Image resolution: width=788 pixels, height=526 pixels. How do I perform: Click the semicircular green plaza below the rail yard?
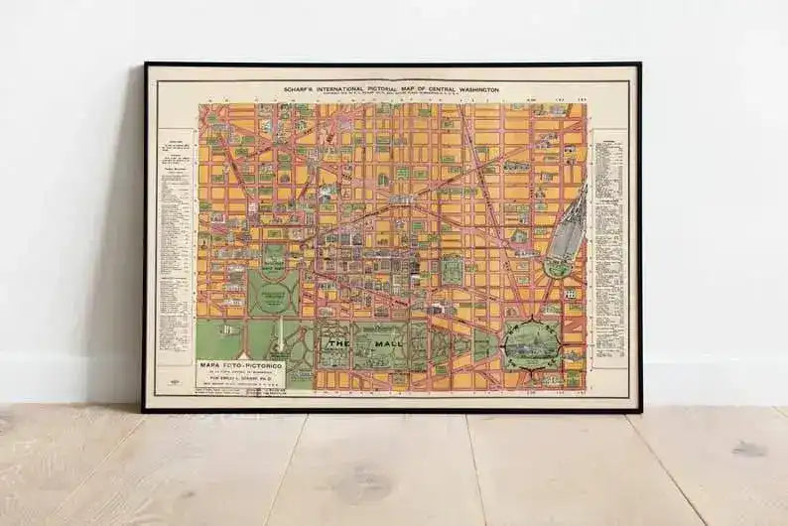(558, 267)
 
